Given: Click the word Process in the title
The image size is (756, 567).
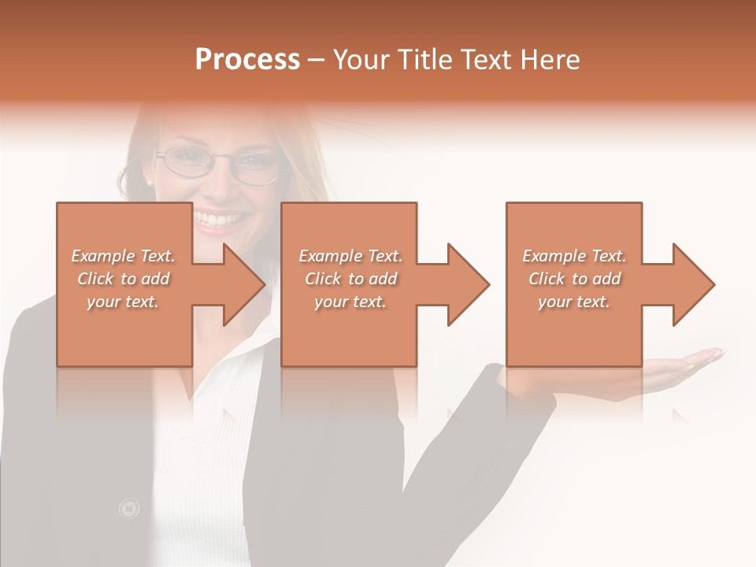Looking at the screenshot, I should click(x=247, y=60).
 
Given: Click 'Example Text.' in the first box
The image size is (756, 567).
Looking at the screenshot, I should click(x=124, y=256).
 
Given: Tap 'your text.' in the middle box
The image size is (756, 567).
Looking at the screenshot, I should click(x=350, y=302).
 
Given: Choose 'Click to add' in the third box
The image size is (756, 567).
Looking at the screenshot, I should click(x=575, y=279).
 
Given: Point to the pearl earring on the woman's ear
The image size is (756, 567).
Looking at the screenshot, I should click(x=148, y=183).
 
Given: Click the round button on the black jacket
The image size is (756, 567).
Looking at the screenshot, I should click(x=128, y=510).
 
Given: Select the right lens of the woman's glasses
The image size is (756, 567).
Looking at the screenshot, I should click(x=258, y=168).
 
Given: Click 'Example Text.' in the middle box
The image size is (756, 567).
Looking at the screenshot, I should click(x=350, y=256).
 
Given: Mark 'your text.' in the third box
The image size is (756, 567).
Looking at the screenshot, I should click(x=574, y=302).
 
